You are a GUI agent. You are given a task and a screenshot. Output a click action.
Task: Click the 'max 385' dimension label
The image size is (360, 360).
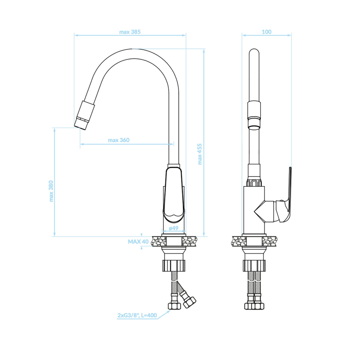[x=130, y=32]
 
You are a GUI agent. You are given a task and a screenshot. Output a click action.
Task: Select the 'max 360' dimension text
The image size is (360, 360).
[x=119, y=140]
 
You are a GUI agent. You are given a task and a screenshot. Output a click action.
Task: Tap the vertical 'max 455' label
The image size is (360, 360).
[x=200, y=154]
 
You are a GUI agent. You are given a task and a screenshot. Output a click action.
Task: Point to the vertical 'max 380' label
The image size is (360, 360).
[x=51, y=191]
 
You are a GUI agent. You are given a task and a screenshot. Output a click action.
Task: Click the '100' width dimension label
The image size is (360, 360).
[x=266, y=32]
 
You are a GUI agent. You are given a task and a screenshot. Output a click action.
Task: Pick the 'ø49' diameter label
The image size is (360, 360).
[x=174, y=228]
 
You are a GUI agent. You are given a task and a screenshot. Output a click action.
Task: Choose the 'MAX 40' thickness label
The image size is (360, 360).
[x=138, y=242]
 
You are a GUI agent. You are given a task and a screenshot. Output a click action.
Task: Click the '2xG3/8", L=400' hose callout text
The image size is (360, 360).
[x=137, y=315]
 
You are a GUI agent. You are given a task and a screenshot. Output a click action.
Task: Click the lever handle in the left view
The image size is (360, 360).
[x=174, y=195]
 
